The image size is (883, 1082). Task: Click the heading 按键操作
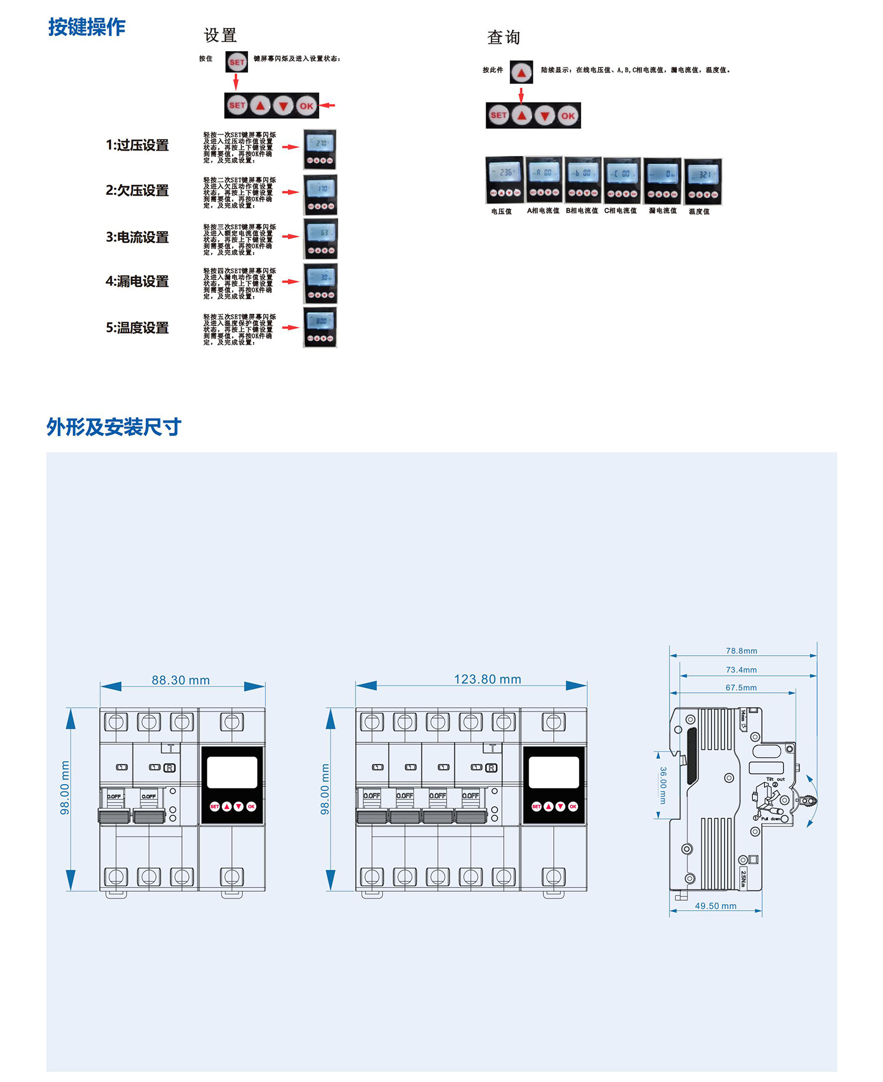[87, 27]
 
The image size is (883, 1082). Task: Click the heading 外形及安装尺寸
[114, 427]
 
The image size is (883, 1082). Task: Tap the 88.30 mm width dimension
[181, 680]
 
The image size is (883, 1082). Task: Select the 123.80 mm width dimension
[487, 679]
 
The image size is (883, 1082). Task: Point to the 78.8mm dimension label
[741, 650]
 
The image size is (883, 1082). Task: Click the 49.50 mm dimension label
[715, 906]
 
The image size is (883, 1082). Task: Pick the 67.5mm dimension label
[741, 687]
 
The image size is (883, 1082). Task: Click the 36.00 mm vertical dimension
[663, 785]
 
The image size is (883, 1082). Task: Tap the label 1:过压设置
[137, 145]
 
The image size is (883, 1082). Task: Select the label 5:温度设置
[137, 327]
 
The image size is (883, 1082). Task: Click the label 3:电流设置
[137, 237]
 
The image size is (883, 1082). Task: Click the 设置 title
[220, 35]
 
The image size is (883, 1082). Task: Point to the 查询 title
[503, 38]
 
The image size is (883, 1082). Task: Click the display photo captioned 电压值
[504, 180]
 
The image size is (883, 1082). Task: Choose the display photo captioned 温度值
[703, 181]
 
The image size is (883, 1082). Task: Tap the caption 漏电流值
[662, 211]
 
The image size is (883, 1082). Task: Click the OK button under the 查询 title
[567, 116]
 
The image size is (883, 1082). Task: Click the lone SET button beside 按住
[237, 62]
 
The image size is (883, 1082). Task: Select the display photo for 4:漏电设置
[320, 283]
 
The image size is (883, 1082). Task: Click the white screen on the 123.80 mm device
[553, 772]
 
